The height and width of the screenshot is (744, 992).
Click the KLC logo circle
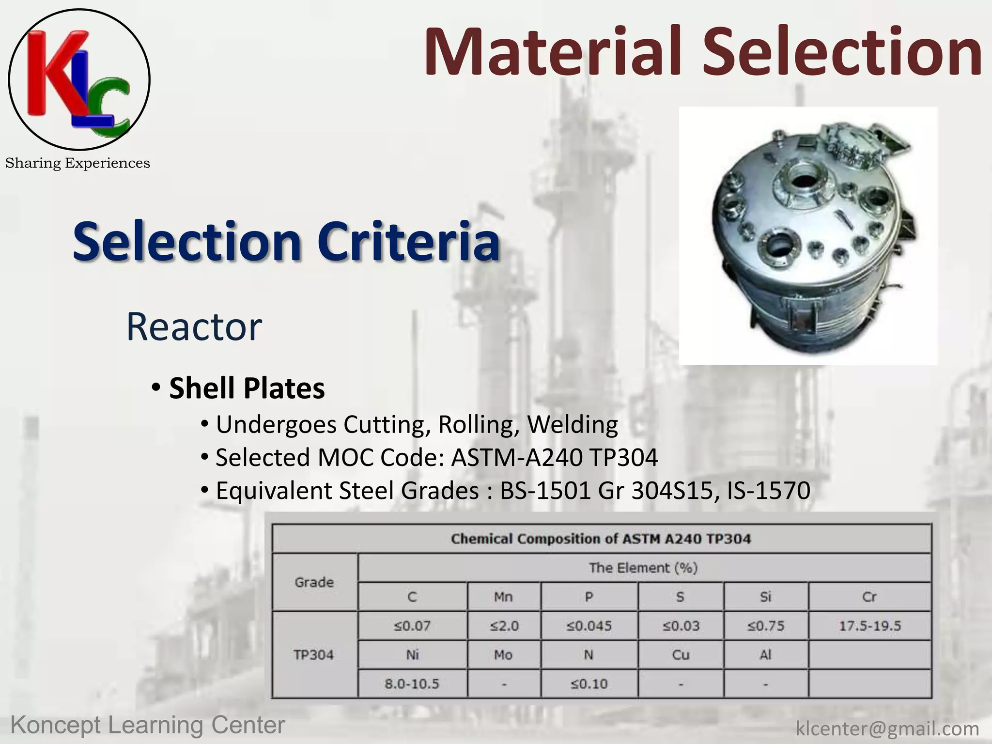click(79, 79)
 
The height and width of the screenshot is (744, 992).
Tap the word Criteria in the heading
click(408, 242)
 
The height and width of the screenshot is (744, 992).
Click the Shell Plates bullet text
click(247, 388)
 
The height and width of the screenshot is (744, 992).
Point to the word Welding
click(573, 425)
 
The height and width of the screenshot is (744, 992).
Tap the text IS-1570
click(769, 491)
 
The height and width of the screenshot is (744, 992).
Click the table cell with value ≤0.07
click(412, 626)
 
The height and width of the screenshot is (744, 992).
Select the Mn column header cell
click(503, 597)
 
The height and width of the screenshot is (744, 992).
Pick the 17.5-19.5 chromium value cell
click(869, 626)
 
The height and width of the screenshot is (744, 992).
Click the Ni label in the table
click(412, 655)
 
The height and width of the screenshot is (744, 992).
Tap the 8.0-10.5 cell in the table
click(412, 684)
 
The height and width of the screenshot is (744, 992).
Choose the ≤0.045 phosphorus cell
click(589, 626)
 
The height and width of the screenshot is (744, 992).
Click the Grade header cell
click(314, 582)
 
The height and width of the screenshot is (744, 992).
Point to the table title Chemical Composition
click(601, 539)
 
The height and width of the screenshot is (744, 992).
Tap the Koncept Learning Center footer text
click(148, 726)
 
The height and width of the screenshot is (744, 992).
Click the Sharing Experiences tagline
click(77, 163)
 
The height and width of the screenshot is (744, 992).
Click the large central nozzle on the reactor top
click(804, 181)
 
